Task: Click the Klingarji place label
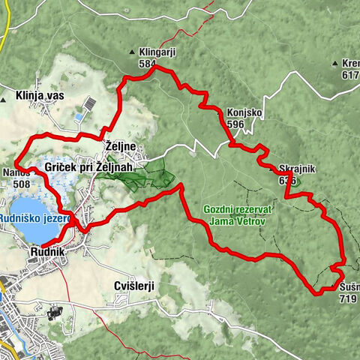(157, 52)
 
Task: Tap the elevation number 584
(147, 64)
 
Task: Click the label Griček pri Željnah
(88, 166)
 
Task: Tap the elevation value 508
(22, 183)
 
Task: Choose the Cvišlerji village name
(134, 286)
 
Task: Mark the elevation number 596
(235, 124)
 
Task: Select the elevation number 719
(347, 298)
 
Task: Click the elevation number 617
(350, 75)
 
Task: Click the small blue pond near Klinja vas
(79, 117)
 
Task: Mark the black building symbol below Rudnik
(54, 311)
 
